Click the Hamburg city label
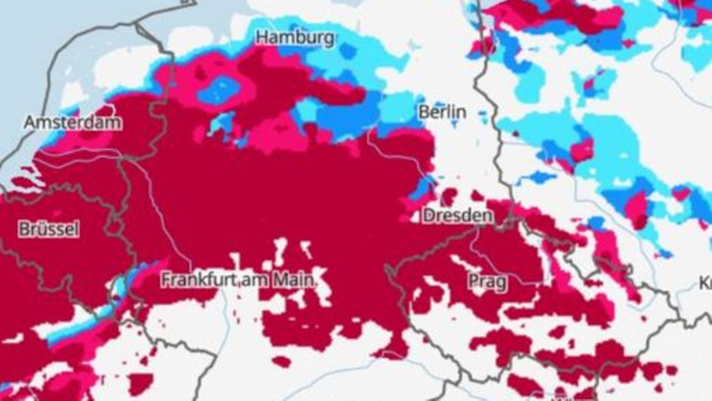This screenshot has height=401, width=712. pyautogui.click(x=295, y=38)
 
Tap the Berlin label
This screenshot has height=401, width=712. pyautogui.click(x=442, y=112)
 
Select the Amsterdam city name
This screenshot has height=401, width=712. pyautogui.click(x=72, y=122)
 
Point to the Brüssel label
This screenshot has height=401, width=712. pyautogui.click(x=48, y=229)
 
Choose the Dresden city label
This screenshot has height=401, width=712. pyautogui.click(x=457, y=216)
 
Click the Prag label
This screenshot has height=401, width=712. pyautogui.click(x=487, y=282)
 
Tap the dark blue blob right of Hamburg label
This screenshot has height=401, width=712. pyautogui.click(x=348, y=51)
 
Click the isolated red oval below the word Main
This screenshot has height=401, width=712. pyautogui.click(x=282, y=361)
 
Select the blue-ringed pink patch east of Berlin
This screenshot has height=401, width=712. pyautogui.click(x=582, y=150)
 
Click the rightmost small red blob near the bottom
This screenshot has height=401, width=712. pyautogui.click(x=671, y=370)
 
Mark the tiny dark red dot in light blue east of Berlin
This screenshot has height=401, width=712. pyautogui.click(x=516, y=134)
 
